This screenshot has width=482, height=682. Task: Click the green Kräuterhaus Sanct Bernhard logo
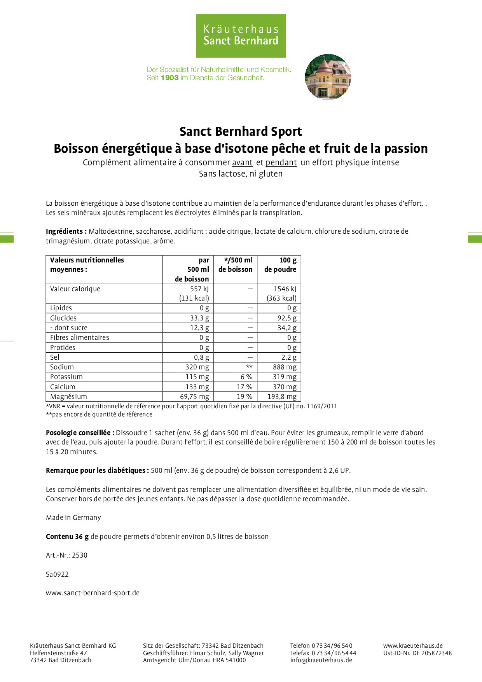pyautogui.click(x=241, y=36)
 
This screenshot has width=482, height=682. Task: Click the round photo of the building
pyautogui.click(x=328, y=77)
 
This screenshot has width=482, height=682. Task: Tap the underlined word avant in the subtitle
pyautogui.click(x=242, y=163)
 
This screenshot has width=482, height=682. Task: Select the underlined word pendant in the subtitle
pyautogui.click(x=281, y=163)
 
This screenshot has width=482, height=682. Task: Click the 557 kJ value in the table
pyautogui.click(x=199, y=289)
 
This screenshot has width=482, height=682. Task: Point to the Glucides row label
pyautogui.click(x=63, y=318)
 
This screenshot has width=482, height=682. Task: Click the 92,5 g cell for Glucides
pyautogui.click(x=287, y=318)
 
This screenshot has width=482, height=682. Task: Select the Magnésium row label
pyautogui.click(x=68, y=397)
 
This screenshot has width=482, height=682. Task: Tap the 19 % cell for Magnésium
pyautogui.click(x=244, y=397)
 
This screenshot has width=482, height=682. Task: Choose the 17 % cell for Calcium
pyautogui.click(x=244, y=387)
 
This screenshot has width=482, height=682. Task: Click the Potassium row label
pyautogui.click(x=66, y=377)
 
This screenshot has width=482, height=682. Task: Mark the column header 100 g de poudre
pyautogui.click(x=280, y=265)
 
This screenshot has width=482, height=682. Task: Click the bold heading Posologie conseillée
pyautogui.click(x=80, y=433)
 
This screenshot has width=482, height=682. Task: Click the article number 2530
pyautogui.click(x=79, y=555)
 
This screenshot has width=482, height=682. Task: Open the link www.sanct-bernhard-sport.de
pyautogui.click(x=93, y=593)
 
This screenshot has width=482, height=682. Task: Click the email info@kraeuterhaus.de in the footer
pyautogui.click(x=321, y=660)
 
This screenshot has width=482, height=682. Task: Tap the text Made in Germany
pyautogui.click(x=73, y=518)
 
